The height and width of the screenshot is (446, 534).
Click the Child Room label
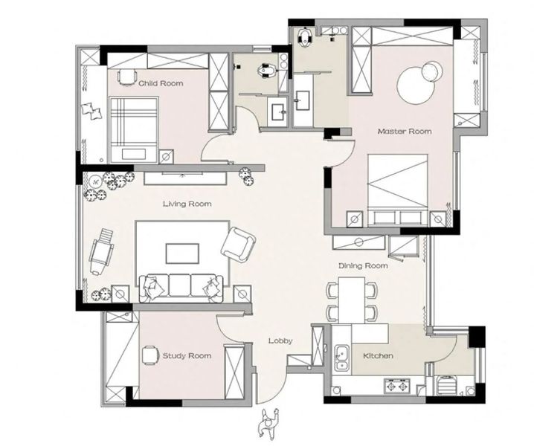pyautogui.click(x=161, y=83)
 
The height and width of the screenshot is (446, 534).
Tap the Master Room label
pyautogui.click(x=405, y=132)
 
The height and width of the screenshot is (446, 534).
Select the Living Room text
pyautogui.click(x=187, y=204)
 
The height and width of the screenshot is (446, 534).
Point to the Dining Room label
pyautogui.click(x=363, y=265)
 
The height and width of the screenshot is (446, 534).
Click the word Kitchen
pyautogui.click(x=378, y=356)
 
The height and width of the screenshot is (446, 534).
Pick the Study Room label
pyautogui.click(x=187, y=356)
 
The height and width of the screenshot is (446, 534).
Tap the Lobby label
pyautogui.click(x=280, y=340)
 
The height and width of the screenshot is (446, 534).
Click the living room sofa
pyautogui.click(x=181, y=288)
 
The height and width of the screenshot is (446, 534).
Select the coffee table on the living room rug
pyautogui.click(x=182, y=253)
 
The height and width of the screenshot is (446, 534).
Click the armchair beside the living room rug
pyautogui.click(x=238, y=245)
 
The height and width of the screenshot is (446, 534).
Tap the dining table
pyautogui.click(x=352, y=300)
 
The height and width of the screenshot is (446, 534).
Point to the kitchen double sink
pyautogui.click(x=341, y=358)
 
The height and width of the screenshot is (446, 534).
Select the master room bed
pyautogui.click(x=397, y=190)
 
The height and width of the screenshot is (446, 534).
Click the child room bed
pyautogui.click(x=134, y=129)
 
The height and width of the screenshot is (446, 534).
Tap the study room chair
pyautogui.click(x=149, y=355)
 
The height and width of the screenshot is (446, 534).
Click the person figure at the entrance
pyautogui.click(x=268, y=423)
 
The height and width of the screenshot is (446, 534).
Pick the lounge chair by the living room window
pyautogui.click(x=101, y=251)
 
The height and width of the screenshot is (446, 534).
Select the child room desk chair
pyautogui.click(x=126, y=77)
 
